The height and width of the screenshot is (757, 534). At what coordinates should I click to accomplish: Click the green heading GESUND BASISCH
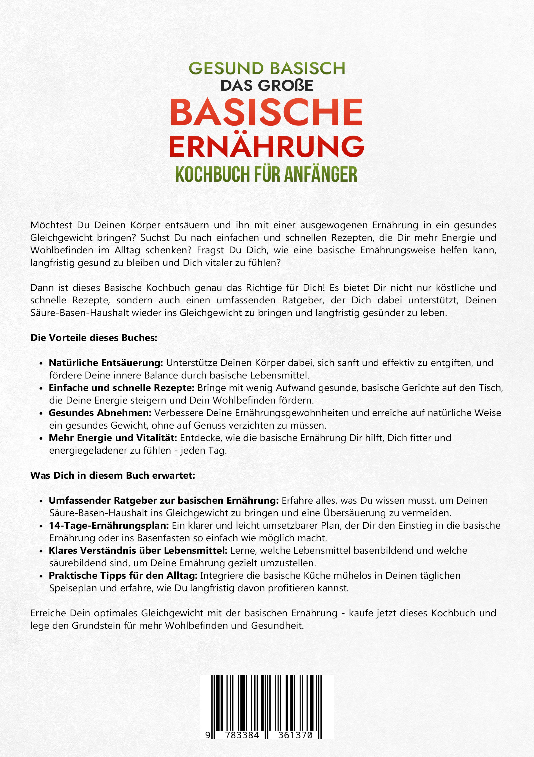(x=267, y=68)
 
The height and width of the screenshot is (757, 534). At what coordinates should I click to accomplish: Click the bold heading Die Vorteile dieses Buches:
(x=94, y=338)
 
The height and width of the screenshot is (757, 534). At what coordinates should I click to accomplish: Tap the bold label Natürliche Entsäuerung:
(x=106, y=363)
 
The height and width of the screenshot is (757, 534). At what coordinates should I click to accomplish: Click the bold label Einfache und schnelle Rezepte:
(x=121, y=388)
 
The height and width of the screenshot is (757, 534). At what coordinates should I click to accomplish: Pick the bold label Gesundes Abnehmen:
(x=100, y=413)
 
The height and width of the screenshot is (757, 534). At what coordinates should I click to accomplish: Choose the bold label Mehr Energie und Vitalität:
(x=113, y=438)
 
